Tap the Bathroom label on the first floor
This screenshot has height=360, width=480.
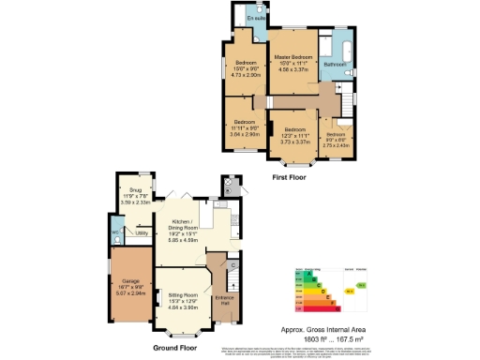(x=336, y=65)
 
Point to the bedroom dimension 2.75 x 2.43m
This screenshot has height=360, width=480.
(x=336, y=145)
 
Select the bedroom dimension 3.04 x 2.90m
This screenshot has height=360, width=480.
(x=245, y=134)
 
